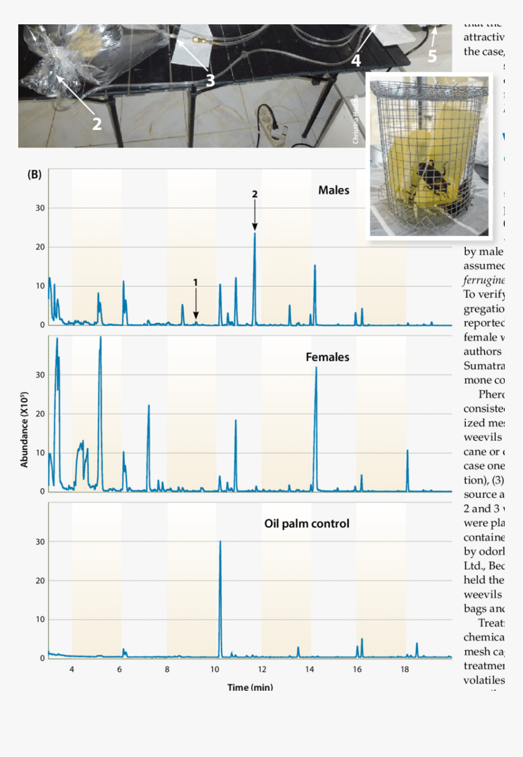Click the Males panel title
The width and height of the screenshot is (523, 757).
[x=333, y=190]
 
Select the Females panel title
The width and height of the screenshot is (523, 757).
[x=327, y=357]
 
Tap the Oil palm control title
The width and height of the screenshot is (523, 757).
[x=307, y=524]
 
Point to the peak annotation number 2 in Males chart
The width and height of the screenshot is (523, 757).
[x=255, y=194]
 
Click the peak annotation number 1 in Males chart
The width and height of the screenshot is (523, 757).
[x=196, y=282]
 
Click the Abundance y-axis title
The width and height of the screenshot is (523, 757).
[x=25, y=429]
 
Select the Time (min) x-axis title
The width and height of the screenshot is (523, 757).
[x=250, y=687]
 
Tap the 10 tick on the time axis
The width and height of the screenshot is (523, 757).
[x=215, y=669]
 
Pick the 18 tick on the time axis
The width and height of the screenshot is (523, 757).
[x=404, y=669]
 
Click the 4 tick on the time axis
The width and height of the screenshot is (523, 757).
[x=72, y=669]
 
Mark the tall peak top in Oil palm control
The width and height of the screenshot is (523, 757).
[x=220, y=541]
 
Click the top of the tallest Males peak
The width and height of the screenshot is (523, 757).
[x=255, y=233]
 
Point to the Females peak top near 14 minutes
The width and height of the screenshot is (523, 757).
[x=316, y=367]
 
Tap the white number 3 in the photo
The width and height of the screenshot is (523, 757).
[x=210, y=80]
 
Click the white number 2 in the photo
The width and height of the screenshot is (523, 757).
[x=97, y=123]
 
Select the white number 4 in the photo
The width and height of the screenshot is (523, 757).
[x=356, y=60]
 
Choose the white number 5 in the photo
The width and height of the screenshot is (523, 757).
[x=432, y=56]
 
